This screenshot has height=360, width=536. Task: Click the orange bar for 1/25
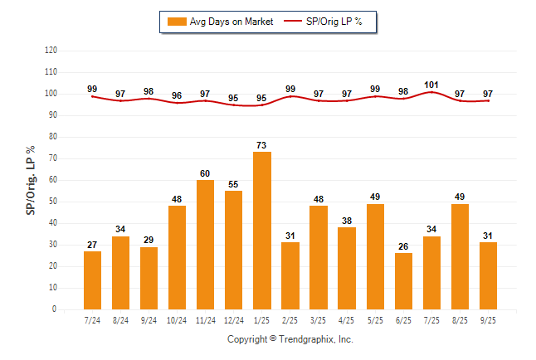tap(262, 231)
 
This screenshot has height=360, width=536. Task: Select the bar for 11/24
tap(206, 245)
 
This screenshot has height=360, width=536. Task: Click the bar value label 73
tap(262, 145)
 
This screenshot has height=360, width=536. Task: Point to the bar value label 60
tap(206, 173)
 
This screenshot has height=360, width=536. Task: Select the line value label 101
tap(431, 85)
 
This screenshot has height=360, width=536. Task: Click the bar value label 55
tap(234, 184)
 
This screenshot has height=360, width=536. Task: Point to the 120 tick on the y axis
tap(51, 51)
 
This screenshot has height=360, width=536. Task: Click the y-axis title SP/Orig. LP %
tap(31, 179)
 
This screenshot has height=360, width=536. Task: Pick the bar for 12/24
tap(234, 250)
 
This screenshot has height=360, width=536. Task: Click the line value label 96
tap(177, 95)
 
